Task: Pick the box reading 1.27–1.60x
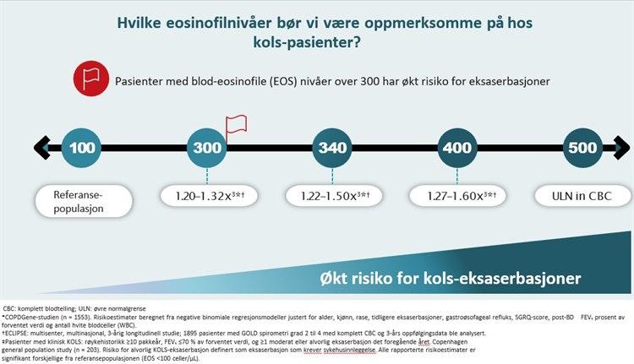(456, 197)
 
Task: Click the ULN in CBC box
(583, 197)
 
